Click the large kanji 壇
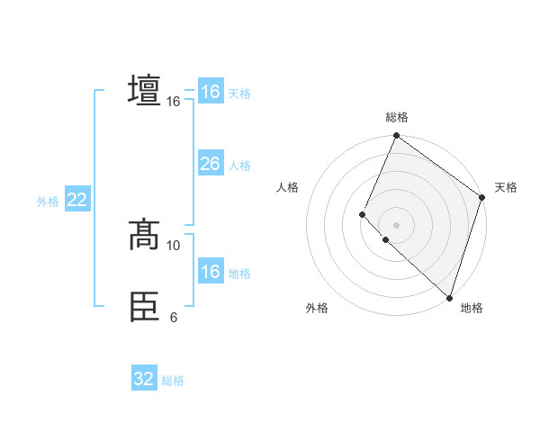pyautogui.click(x=144, y=91)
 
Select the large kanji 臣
pyautogui.click(x=144, y=307)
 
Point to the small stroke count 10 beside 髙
pyautogui.click(x=174, y=245)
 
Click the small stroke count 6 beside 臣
pyautogui.click(x=174, y=317)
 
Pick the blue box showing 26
pyautogui.click(x=210, y=164)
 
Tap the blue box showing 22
pyautogui.click(x=76, y=200)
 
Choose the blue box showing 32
pyautogui.click(x=144, y=379)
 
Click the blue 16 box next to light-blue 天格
pyautogui.click(x=210, y=92)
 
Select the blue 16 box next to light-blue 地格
pyautogui.click(x=210, y=272)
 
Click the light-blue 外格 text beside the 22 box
pyautogui.click(x=48, y=202)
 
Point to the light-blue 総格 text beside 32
pyautogui.click(x=173, y=381)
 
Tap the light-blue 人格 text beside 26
pyautogui.click(x=239, y=166)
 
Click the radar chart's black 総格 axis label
pyautogui.click(x=396, y=117)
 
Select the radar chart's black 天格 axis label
pyautogui.click(x=506, y=187)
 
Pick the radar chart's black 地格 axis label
pyautogui.click(x=472, y=308)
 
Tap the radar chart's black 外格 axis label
pyautogui.click(x=317, y=308)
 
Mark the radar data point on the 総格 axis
pyautogui.click(x=396, y=136)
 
